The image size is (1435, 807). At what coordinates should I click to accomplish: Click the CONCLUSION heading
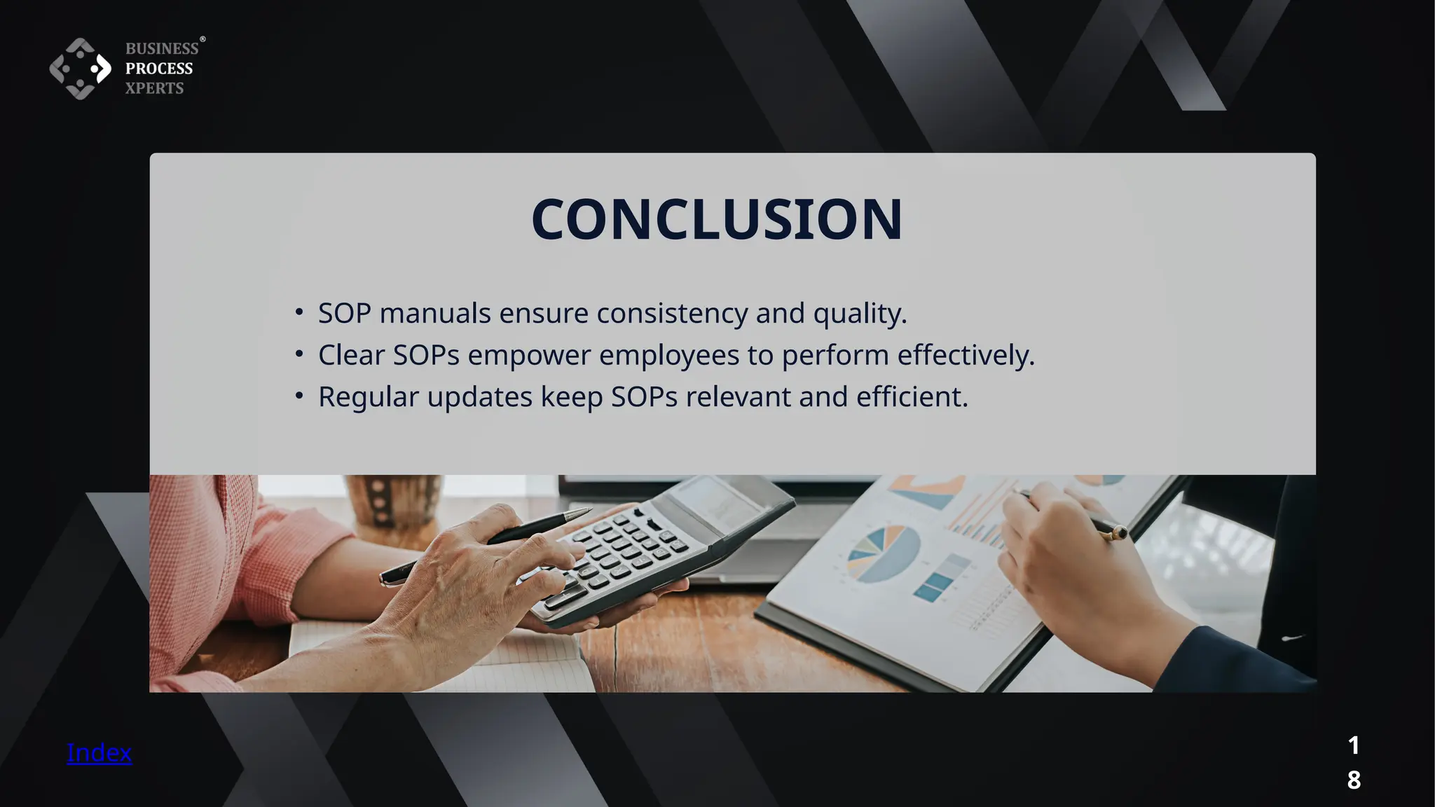717,219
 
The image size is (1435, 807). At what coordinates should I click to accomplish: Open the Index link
99,752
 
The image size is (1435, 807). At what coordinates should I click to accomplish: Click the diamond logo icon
80,69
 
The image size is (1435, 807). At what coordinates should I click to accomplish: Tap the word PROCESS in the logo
159,69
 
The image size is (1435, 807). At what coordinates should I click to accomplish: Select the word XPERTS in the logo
154,88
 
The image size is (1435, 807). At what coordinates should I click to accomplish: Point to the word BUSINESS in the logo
162,48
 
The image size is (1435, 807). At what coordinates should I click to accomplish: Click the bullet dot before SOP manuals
299,312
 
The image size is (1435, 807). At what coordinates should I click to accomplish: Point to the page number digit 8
1354,780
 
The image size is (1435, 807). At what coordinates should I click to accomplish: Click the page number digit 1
1354,745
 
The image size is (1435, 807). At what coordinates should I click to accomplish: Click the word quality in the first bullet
859,313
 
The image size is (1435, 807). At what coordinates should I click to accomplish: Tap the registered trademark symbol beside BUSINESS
202,39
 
